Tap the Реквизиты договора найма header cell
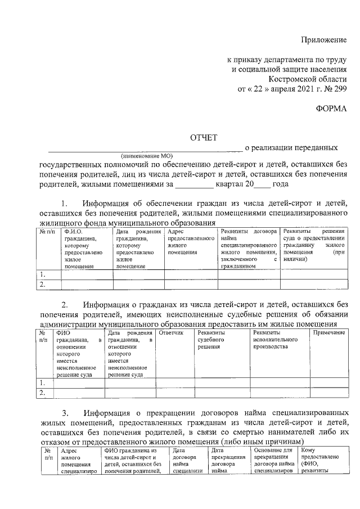click(x=248, y=231)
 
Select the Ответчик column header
click(x=171, y=333)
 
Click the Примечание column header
click(x=328, y=333)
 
